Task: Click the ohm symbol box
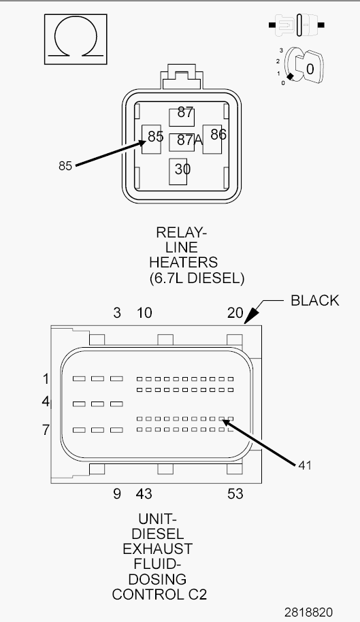click(x=76, y=39)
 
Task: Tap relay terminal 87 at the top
click(x=182, y=116)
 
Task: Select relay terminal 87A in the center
click(x=182, y=142)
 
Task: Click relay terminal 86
click(x=212, y=140)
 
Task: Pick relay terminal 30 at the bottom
click(x=178, y=171)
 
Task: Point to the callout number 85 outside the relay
click(x=65, y=166)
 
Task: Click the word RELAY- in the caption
click(x=181, y=232)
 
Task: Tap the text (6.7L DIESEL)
click(x=197, y=278)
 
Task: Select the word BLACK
click(x=315, y=300)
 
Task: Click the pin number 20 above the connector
click(x=235, y=313)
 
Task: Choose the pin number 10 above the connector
click(x=144, y=313)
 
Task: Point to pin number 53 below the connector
click(x=235, y=494)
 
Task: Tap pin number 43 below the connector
click(x=144, y=494)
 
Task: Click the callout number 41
click(x=305, y=465)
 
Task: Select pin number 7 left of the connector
click(x=46, y=429)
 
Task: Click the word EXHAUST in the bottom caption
click(x=157, y=549)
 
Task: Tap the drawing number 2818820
click(x=308, y=612)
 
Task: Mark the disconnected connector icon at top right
click(x=297, y=25)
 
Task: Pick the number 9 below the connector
click(x=117, y=494)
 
